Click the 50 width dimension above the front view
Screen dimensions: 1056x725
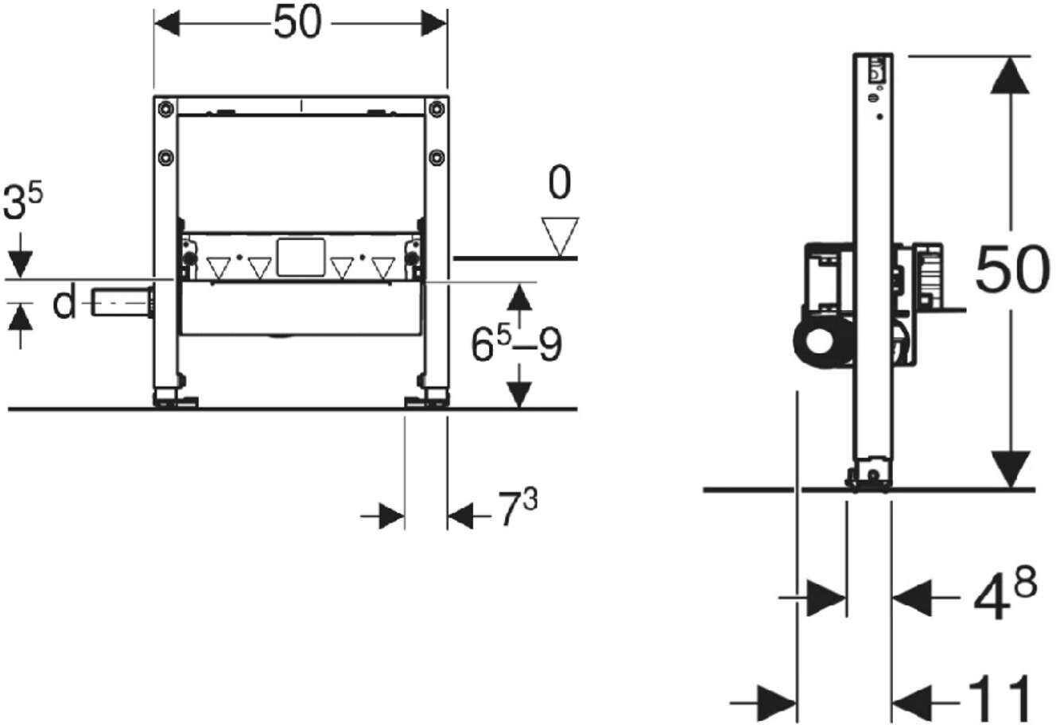297,22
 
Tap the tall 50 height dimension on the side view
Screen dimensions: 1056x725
1012,269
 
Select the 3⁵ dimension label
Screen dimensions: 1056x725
22,202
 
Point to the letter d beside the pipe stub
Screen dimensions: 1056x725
64,303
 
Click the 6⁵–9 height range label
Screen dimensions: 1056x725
517,343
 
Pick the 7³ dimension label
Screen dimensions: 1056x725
518,508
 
